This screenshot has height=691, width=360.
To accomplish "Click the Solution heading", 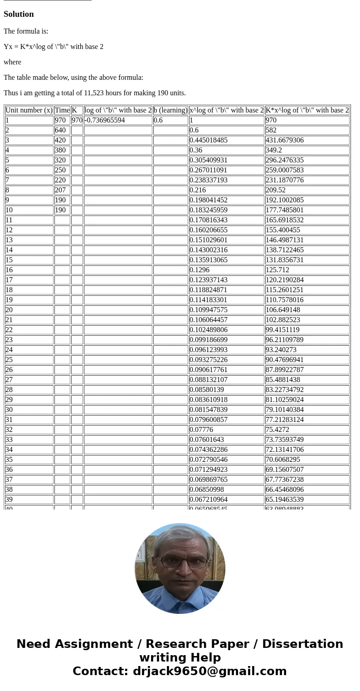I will pos(19,14).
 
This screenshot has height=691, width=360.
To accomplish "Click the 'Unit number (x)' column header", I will pos(29,110).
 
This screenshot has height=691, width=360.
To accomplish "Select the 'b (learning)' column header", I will pos(170,110).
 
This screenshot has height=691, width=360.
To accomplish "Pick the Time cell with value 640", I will pos(60,130).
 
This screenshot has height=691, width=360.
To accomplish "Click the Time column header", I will pos(62,110).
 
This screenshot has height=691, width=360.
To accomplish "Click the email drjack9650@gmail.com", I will pos(209,671).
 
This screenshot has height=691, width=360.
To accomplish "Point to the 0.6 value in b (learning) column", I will pos(158,120).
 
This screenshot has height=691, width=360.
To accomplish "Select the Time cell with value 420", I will pos(60,140).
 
